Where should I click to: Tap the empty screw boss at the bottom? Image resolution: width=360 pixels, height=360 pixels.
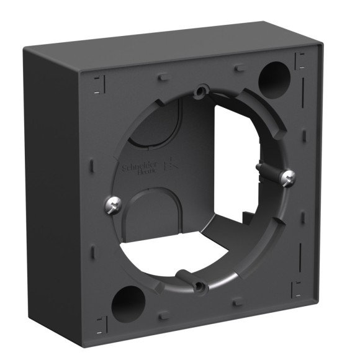(x=199, y=286)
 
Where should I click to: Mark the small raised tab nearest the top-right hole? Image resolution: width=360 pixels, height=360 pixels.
(x=240, y=66)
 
